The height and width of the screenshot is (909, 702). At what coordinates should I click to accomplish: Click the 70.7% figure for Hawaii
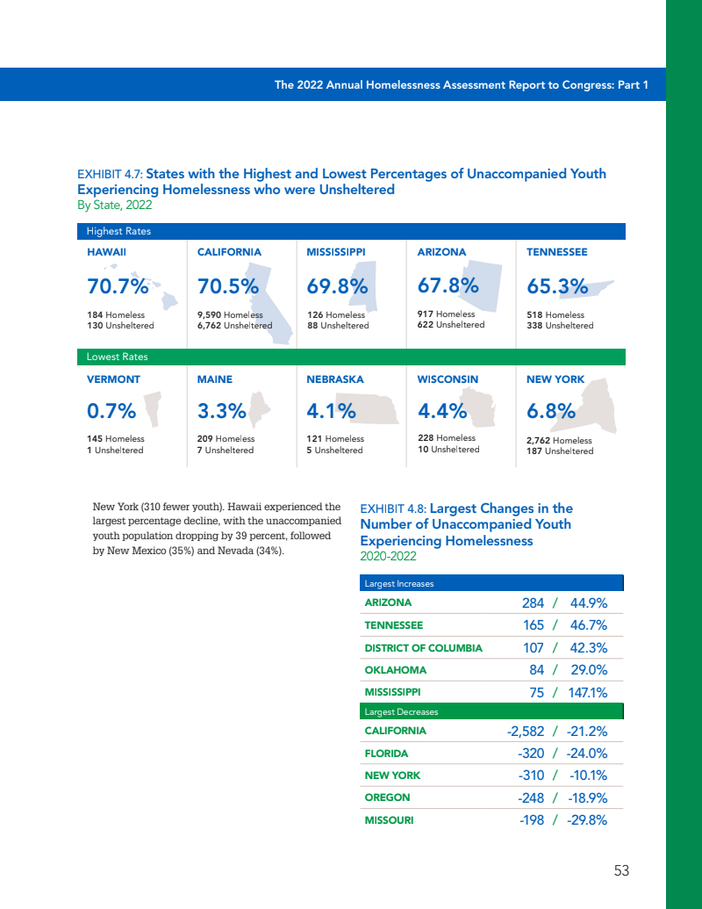point(118,286)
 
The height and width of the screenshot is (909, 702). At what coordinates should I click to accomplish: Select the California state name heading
point(229,252)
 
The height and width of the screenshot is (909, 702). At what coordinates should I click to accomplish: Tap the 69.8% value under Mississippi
point(337,286)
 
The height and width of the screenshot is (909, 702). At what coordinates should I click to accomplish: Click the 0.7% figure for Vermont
point(111,410)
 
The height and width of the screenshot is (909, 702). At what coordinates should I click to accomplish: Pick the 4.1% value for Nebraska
point(331,410)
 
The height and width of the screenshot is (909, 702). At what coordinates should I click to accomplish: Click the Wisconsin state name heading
point(448,379)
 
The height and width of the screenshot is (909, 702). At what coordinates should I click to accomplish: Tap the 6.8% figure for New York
point(550,410)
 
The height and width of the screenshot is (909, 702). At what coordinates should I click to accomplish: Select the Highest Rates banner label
point(118,232)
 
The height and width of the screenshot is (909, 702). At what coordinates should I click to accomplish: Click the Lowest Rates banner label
point(117,357)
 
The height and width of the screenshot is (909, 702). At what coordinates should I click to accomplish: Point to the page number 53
point(621,870)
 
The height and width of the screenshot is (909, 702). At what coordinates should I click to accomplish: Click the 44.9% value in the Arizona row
point(589,603)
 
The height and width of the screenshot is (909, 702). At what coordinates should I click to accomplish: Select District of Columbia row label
point(423,648)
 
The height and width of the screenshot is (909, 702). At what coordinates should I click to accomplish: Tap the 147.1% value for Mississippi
point(587,692)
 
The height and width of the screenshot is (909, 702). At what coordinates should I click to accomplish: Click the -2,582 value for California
point(526,732)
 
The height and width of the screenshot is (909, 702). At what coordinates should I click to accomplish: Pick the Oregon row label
point(387,797)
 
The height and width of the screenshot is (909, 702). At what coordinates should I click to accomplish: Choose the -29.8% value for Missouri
point(587,820)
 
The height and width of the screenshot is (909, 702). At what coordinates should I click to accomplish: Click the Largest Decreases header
point(401,711)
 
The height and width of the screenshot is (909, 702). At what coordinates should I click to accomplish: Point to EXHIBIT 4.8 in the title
point(392,509)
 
